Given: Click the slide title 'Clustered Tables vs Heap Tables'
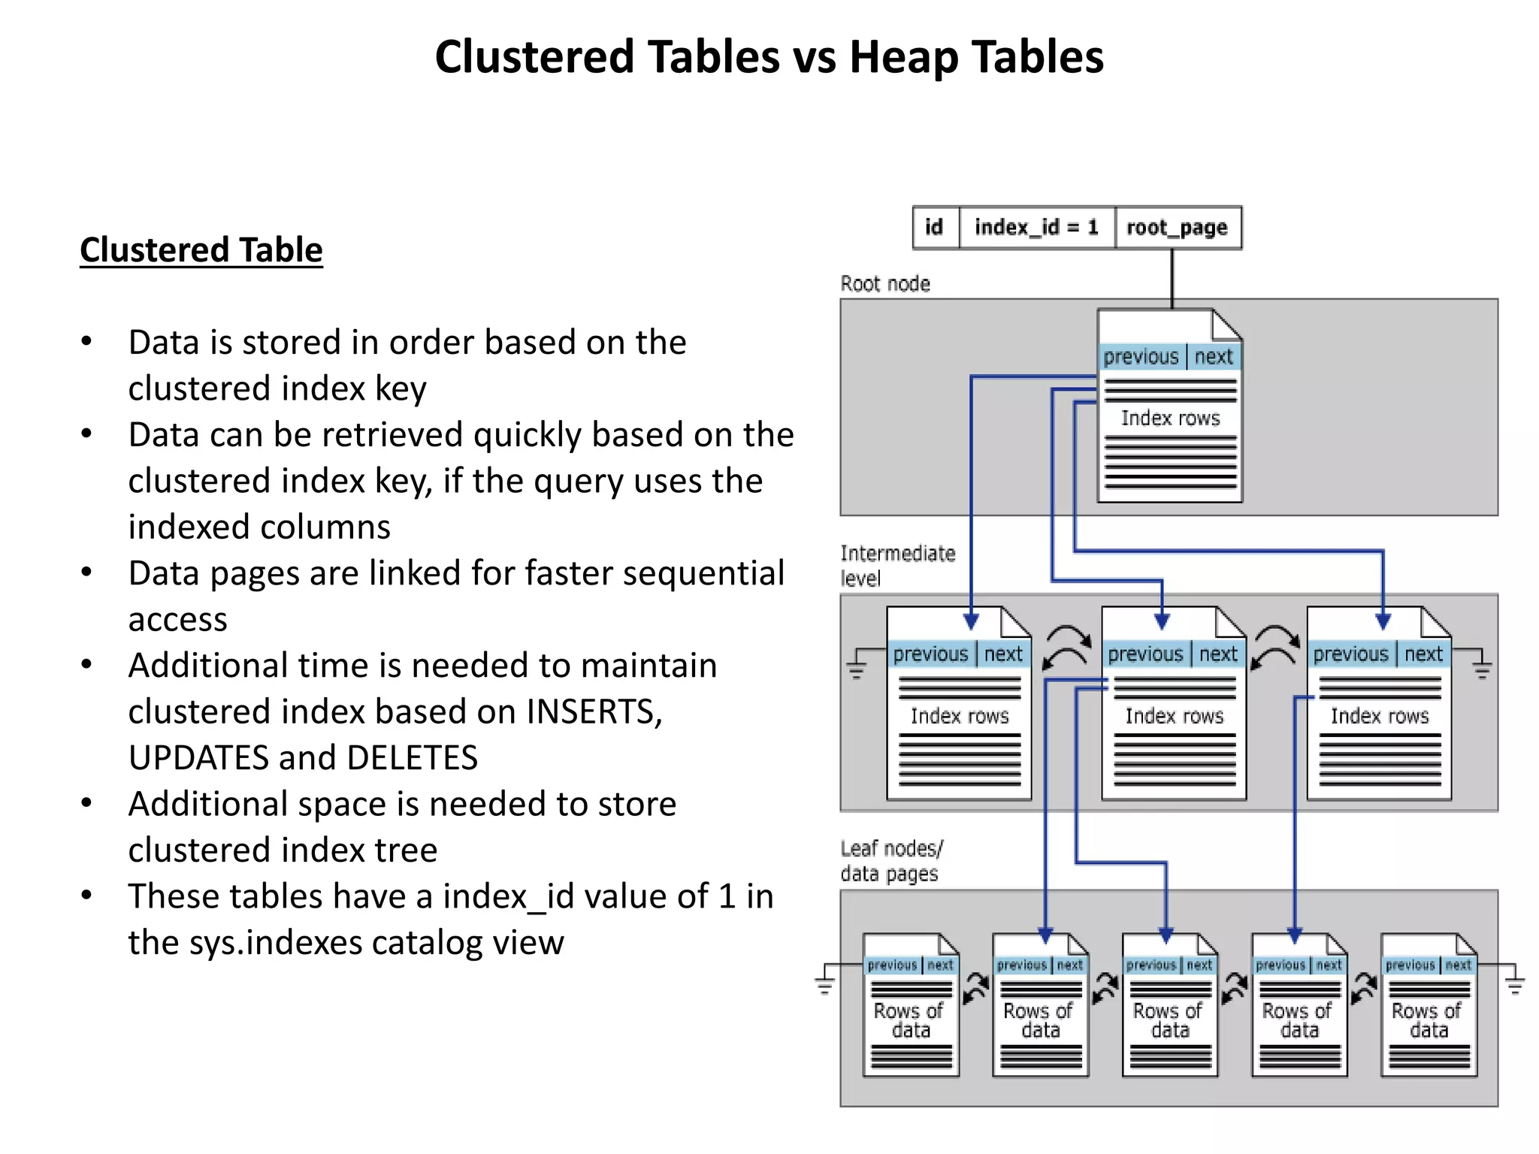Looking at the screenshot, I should click(769, 57).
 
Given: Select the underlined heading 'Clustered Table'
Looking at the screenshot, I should click(201, 250).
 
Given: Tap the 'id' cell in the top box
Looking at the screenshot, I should click(934, 228).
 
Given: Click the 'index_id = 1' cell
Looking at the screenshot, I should click(1036, 228).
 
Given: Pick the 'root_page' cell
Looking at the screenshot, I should click(1177, 228).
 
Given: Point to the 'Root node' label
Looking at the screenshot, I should click(885, 284).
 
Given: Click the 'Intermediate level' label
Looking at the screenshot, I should click(897, 566).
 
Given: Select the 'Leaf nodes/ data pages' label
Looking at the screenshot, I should click(891, 861).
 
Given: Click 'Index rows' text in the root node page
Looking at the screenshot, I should click(1170, 418).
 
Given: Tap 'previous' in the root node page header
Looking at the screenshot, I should click(1141, 357).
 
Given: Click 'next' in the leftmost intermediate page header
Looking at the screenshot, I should click(1003, 654).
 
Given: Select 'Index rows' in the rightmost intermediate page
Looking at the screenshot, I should click(1380, 716).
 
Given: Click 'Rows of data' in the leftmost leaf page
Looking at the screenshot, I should click(909, 1020).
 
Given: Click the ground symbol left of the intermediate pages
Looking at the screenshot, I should click(856, 668).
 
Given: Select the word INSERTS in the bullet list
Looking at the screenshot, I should click(594, 711).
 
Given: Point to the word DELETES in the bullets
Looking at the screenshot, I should click(412, 758).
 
